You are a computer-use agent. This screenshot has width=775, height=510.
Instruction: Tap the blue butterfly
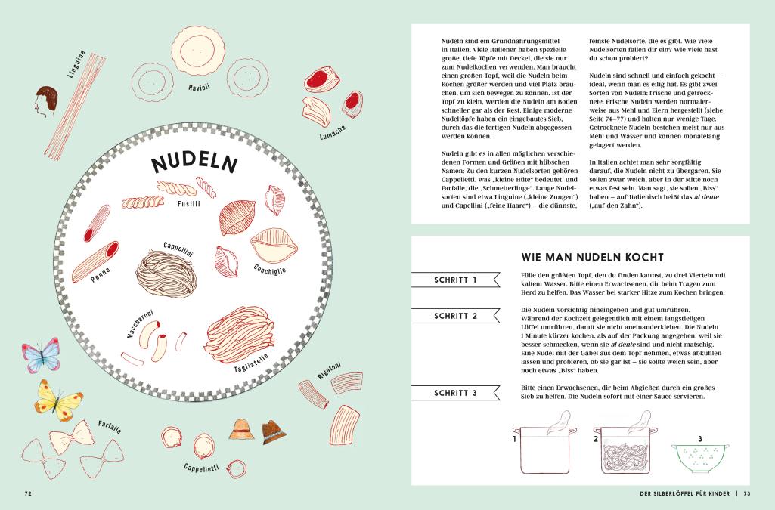click(41, 355)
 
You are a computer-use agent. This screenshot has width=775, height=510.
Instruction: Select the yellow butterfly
click(58, 400)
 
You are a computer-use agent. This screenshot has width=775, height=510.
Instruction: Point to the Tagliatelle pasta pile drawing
click(240, 333)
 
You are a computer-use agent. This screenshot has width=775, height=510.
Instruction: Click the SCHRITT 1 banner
click(455, 280)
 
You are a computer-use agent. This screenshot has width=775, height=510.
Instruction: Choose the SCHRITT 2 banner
click(455, 316)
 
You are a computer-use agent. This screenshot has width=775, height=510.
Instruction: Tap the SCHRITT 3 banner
click(455, 393)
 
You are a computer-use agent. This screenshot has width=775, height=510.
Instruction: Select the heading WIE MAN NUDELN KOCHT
click(592, 257)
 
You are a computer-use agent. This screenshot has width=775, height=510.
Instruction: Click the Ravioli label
click(199, 88)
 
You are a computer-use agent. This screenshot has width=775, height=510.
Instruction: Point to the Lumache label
click(332, 132)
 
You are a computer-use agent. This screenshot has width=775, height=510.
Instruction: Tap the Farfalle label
click(109, 427)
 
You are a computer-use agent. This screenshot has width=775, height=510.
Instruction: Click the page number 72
click(28, 493)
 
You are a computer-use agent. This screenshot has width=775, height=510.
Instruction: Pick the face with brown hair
click(46, 100)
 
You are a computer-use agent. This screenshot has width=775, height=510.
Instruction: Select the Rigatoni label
click(329, 371)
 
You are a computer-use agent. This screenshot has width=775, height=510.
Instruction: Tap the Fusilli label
click(189, 204)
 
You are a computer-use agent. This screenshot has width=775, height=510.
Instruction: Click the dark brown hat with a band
click(273, 431)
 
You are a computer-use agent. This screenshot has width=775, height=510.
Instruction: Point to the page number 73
click(747, 493)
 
